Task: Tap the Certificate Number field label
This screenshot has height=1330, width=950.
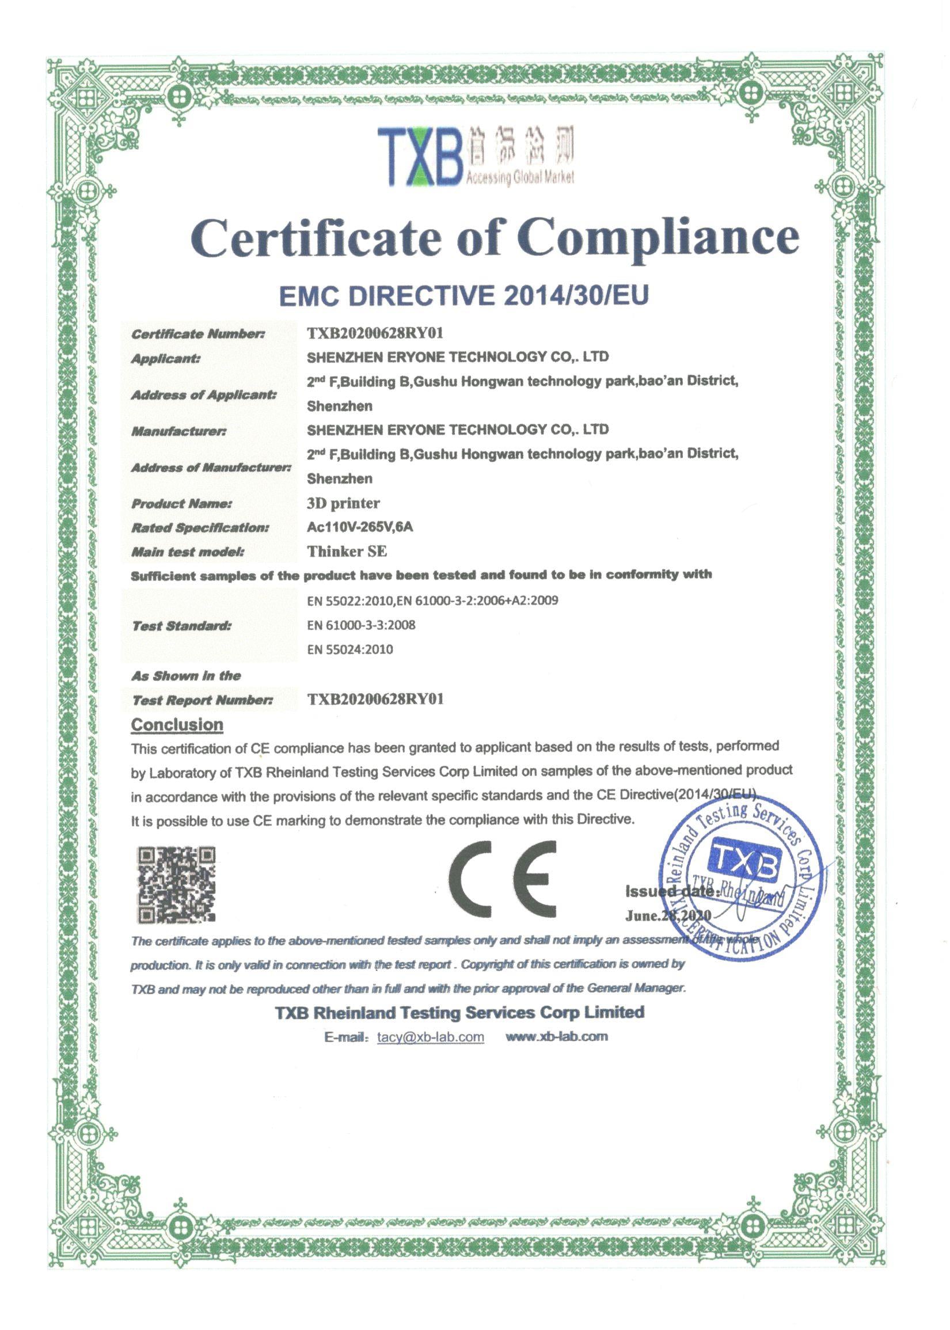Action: coord(197,334)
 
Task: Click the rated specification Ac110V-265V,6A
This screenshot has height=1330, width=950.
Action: coord(360,527)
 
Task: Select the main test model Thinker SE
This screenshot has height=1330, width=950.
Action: coord(347,552)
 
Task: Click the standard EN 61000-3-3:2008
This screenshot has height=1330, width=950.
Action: coord(361,625)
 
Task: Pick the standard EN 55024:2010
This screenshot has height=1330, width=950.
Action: coord(350,649)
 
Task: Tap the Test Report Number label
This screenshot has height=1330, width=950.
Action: coord(203,700)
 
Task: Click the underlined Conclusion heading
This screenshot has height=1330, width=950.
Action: coord(177,725)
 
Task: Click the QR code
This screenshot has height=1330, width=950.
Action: coord(176,884)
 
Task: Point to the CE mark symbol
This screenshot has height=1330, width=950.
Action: coord(505,879)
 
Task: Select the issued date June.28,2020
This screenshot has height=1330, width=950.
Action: coord(668,915)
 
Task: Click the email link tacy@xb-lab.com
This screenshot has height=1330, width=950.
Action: coord(431,1037)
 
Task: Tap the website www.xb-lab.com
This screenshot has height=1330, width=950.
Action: coord(556,1036)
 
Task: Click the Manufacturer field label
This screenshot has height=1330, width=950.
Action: coord(178,432)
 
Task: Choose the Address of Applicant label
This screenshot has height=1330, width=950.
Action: coord(204,395)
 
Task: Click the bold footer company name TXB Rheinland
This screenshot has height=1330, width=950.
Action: coord(460,1012)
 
